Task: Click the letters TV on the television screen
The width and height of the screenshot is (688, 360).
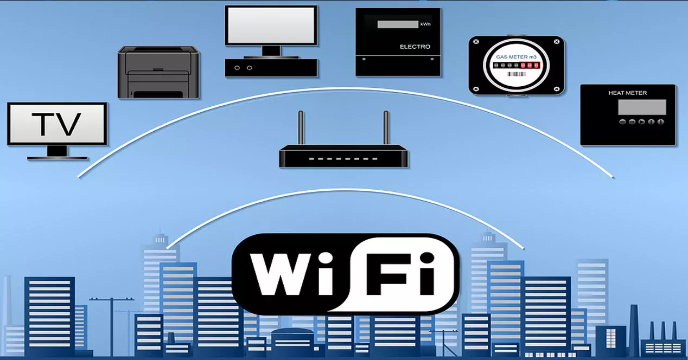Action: (56, 124)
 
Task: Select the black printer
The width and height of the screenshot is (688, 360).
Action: (158, 73)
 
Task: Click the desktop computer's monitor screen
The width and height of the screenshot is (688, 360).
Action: (271, 25)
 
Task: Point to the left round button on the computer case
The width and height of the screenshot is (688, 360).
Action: (237, 68)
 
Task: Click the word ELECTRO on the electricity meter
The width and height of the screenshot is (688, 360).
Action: (415, 47)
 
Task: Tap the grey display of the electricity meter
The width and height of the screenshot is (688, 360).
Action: (398, 24)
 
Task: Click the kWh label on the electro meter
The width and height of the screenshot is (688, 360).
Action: (425, 24)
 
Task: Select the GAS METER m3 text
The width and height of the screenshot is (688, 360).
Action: (517, 57)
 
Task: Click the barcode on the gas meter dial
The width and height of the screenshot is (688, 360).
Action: (517, 74)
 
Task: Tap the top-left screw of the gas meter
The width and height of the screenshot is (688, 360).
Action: (476, 41)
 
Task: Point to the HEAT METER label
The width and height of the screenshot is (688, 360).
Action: (627, 93)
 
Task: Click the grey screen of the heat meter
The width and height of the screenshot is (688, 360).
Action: (642, 107)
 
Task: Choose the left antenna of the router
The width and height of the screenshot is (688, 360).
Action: (301, 127)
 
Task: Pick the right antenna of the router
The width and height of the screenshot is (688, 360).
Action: (386, 127)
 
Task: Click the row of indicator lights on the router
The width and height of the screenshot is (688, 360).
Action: (343, 159)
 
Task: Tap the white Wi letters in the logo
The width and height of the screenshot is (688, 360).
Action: (291, 274)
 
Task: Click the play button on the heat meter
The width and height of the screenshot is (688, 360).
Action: (642, 122)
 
